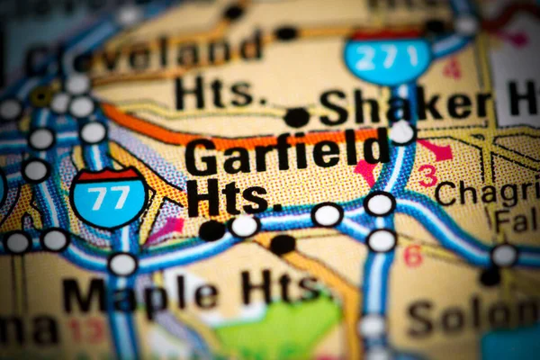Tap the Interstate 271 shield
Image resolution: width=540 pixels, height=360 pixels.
387,58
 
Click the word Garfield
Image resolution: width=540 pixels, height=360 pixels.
287,152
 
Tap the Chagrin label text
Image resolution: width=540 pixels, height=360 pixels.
486,191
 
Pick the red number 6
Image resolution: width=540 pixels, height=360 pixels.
413,256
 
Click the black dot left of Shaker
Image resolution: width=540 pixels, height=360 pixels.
296,117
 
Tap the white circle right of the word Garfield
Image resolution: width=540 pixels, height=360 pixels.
401,132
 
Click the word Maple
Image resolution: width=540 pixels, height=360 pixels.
139,293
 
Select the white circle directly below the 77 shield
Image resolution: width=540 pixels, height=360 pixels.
122,264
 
